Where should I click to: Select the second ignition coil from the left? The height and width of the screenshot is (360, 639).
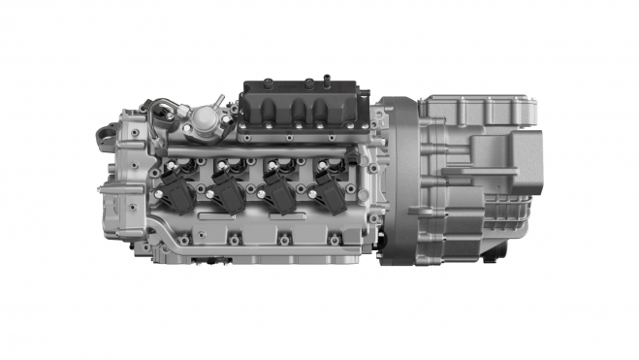230,190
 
